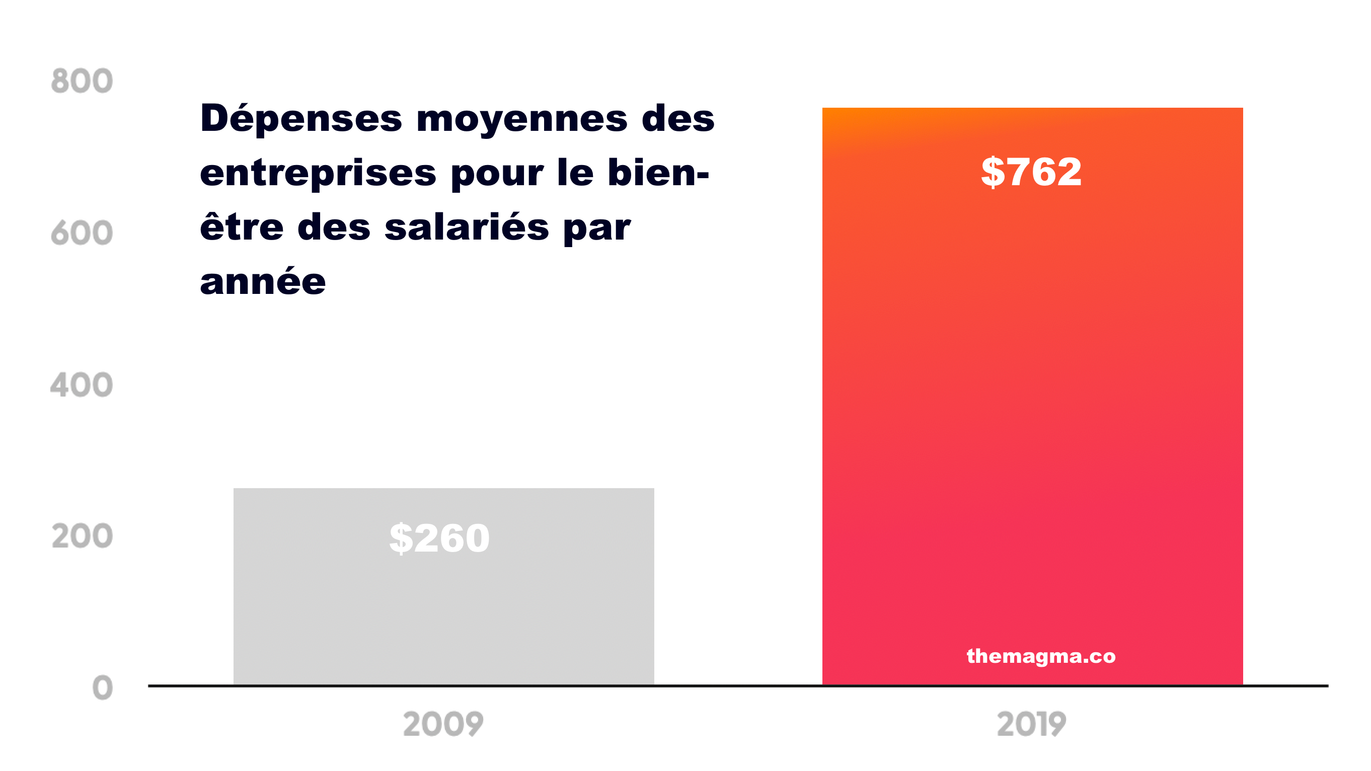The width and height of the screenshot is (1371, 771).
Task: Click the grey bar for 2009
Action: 443,612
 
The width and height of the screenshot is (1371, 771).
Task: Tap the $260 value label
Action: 439,538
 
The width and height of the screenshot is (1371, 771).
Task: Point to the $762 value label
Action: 1031,172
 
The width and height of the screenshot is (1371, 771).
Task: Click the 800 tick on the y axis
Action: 82,81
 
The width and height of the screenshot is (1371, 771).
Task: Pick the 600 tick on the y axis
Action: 82,233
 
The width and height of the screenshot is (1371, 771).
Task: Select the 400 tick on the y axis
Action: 82,384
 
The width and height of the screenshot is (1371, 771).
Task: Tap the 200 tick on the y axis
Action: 82,536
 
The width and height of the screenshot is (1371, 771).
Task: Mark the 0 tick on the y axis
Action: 102,687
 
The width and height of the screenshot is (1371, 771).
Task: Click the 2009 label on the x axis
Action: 443,724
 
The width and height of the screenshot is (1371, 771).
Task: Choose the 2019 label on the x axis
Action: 1031,724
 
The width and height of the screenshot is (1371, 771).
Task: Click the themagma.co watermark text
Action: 1040,656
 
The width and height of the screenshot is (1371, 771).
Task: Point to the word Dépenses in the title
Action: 300,118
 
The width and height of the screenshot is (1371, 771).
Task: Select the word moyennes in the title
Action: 522,119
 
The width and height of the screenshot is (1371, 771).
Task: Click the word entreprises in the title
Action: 318,174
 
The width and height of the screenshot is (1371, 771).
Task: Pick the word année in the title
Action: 262,282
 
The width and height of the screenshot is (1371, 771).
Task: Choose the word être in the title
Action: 242,226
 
